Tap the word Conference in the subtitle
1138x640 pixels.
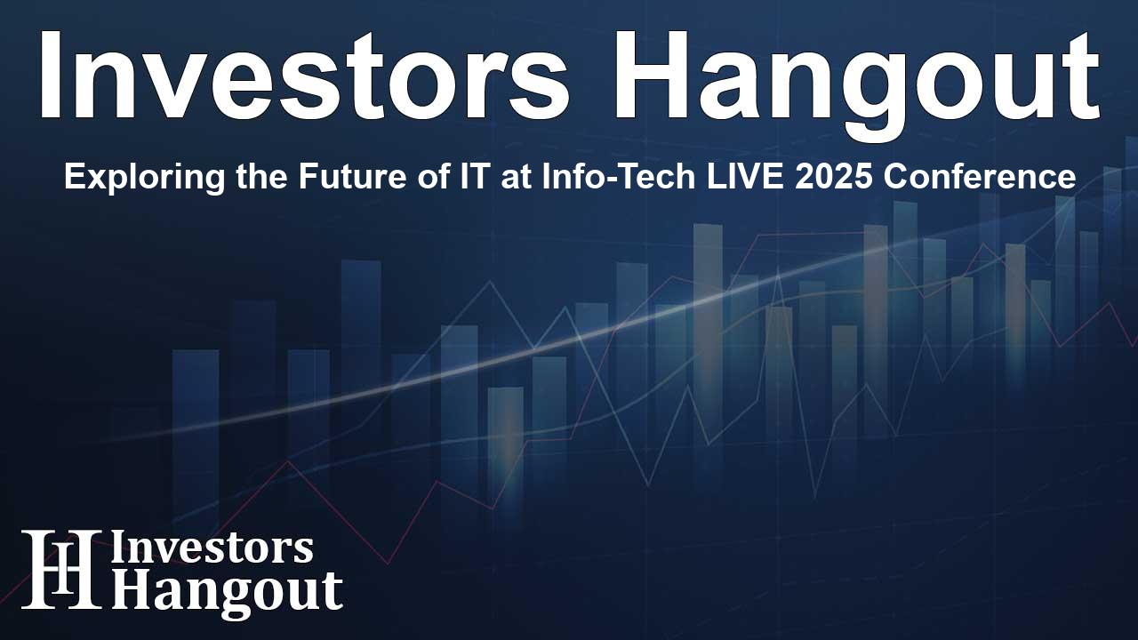click(954, 177)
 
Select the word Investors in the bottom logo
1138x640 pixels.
click(212, 548)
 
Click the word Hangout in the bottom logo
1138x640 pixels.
click(227, 590)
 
